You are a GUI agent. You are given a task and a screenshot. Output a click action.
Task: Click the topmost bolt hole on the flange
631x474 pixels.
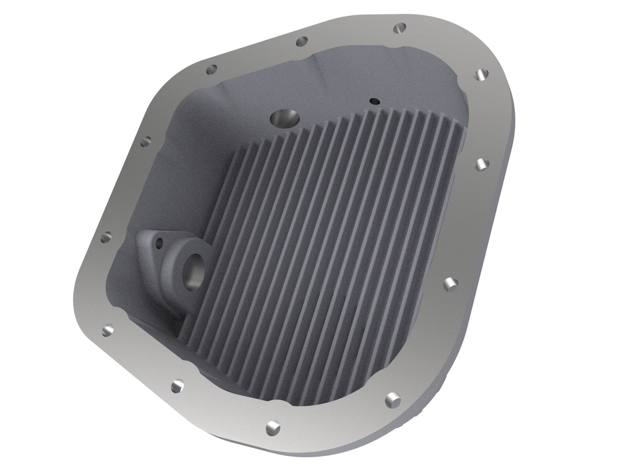[x=400, y=27]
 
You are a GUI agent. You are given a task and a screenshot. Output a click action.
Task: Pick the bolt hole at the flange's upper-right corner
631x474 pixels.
[x=481, y=75]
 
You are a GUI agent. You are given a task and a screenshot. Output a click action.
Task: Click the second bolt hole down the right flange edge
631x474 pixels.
[x=482, y=164]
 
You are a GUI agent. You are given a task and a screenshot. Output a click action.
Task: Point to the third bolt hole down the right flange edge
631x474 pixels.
[x=450, y=284]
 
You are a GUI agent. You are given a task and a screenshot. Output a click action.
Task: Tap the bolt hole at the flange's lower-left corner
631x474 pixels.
[x=108, y=330]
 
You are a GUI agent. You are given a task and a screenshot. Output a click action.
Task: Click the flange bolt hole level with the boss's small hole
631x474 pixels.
[x=106, y=237]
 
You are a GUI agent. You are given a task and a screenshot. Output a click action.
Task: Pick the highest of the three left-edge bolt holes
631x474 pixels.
[x=146, y=140]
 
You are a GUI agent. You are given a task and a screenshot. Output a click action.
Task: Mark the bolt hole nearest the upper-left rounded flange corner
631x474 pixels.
[x=211, y=70]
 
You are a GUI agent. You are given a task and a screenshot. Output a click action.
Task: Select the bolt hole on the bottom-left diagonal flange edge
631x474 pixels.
[x=178, y=386]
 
